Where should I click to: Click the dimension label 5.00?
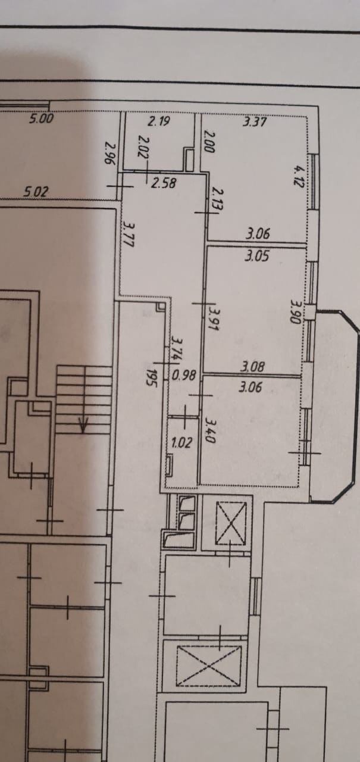tap(41, 118)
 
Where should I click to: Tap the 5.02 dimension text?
tap(36, 192)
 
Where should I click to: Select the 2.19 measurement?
tap(159, 122)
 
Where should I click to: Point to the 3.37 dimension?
tap(255, 122)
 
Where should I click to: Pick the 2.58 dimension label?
tap(163, 183)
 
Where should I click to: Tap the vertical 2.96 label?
tap(109, 152)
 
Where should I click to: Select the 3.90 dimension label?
tap(294, 310)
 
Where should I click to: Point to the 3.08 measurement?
tap(252, 367)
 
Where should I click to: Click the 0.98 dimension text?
tap(184, 376)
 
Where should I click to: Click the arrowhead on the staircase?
tap(84, 425)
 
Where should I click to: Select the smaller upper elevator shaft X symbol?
tap(230, 523)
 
